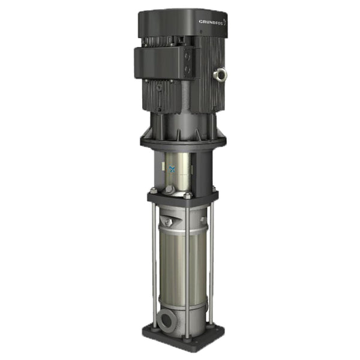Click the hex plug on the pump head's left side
pyautogui.click(x=169, y=223)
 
